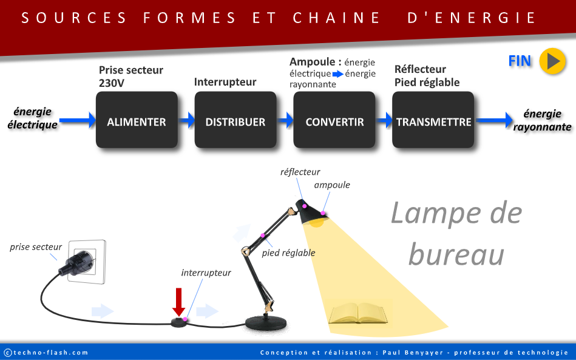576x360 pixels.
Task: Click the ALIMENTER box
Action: click(x=137, y=120)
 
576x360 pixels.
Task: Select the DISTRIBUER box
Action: click(x=235, y=120)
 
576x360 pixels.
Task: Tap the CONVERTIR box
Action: click(x=334, y=120)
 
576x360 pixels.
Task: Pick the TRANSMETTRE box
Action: click(x=433, y=120)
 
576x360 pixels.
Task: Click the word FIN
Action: click(x=520, y=61)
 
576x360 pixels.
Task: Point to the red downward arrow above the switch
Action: click(x=178, y=301)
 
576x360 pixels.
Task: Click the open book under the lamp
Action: click(x=358, y=314)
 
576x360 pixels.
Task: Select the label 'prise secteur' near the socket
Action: click(x=36, y=247)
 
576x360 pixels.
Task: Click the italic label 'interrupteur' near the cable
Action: click(x=206, y=273)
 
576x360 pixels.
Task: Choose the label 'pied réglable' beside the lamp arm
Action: click(x=288, y=253)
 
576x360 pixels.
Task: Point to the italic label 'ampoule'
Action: click(x=332, y=185)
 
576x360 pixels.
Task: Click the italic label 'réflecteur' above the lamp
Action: click(x=300, y=172)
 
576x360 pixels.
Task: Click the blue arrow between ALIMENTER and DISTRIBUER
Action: click(x=186, y=120)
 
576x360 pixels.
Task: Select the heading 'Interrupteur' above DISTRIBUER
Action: click(x=225, y=82)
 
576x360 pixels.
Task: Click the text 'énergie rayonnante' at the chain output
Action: click(x=542, y=120)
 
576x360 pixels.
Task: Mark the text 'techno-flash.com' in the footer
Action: click(x=50, y=353)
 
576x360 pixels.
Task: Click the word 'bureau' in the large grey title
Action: click(x=456, y=254)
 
